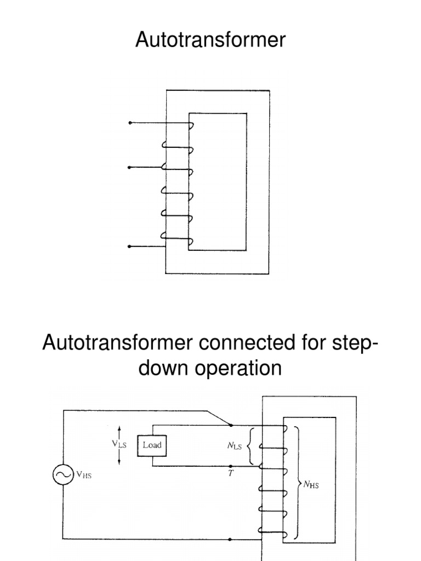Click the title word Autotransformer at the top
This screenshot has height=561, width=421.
pos(210,41)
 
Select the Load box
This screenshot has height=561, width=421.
pos(152,445)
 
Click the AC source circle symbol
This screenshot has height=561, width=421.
pos(62,476)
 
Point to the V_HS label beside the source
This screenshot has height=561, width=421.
pos(83,476)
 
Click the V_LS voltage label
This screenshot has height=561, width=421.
pos(118,445)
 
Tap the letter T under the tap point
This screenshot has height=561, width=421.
pos(230,474)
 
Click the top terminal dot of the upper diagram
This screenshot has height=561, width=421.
pos(130,123)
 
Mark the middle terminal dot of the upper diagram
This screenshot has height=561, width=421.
pos(130,167)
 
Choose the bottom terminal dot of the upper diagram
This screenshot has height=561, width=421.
pos(130,247)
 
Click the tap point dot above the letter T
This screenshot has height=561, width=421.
pos(230,466)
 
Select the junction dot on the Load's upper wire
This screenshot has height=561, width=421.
pos(230,425)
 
